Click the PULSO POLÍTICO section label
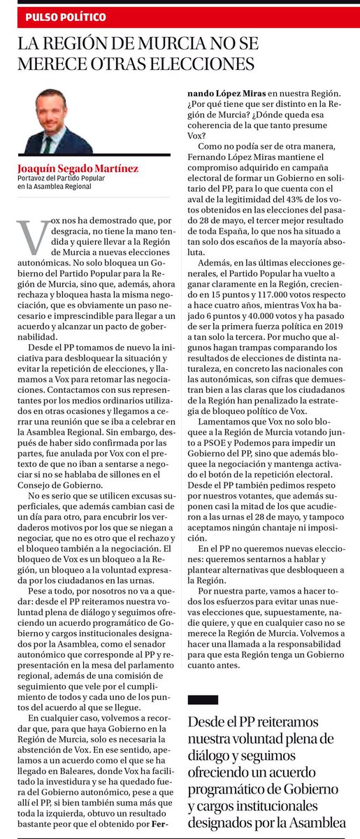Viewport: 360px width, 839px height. tap(66, 16)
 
